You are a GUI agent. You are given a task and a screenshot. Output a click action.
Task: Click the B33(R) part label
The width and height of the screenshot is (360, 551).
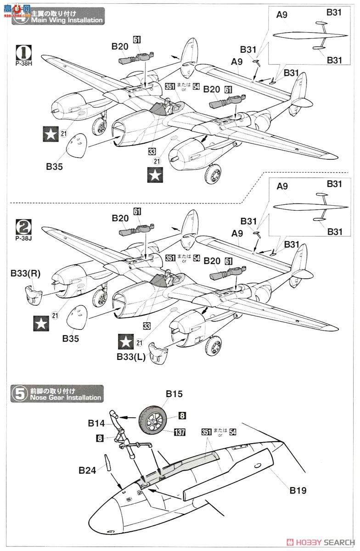tap(26, 274)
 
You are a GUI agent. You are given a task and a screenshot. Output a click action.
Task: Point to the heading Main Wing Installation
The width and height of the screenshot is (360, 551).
tap(66, 20)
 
